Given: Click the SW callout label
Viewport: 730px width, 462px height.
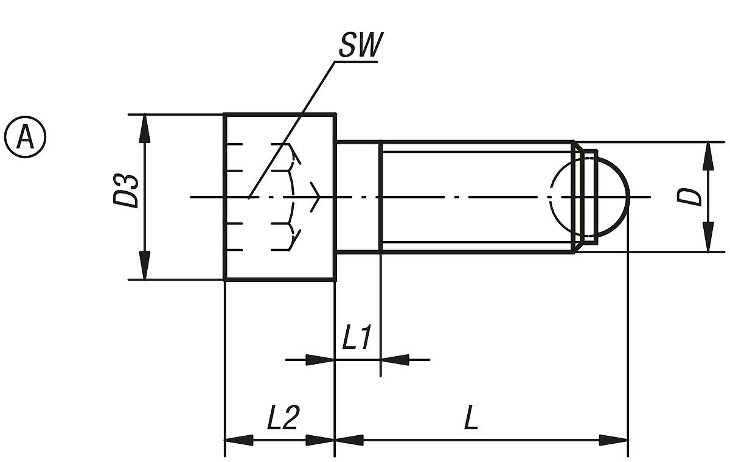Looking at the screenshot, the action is [x=361, y=44].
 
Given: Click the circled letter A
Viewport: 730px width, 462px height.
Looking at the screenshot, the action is [x=25, y=137].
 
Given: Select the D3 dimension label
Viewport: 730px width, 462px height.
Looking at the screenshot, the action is [x=126, y=191].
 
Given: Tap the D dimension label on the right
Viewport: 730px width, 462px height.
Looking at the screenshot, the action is [x=689, y=197].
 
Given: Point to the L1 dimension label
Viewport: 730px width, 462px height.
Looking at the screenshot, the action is [x=356, y=337].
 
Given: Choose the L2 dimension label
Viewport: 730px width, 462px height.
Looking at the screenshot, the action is [x=282, y=418].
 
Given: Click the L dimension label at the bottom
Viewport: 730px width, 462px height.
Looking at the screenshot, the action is [x=471, y=418].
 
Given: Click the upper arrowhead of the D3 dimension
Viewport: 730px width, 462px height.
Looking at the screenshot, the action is [x=145, y=129].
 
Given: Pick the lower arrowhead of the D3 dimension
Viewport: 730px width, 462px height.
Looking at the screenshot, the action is [x=145, y=265].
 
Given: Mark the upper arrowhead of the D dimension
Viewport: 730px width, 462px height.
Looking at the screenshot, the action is [x=708, y=156].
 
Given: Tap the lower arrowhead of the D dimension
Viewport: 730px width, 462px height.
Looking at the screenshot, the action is [x=708, y=237].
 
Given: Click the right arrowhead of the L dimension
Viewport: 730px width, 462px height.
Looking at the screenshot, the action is [x=614, y=440].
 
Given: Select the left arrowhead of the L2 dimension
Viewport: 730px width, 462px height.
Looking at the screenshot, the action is [x=239, y=440].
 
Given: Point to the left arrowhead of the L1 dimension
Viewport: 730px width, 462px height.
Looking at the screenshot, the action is [x=320, y=360].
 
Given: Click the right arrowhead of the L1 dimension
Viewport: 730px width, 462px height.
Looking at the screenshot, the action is [x=395, y=360].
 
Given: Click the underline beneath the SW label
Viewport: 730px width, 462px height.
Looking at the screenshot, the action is [x=356, y=61].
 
